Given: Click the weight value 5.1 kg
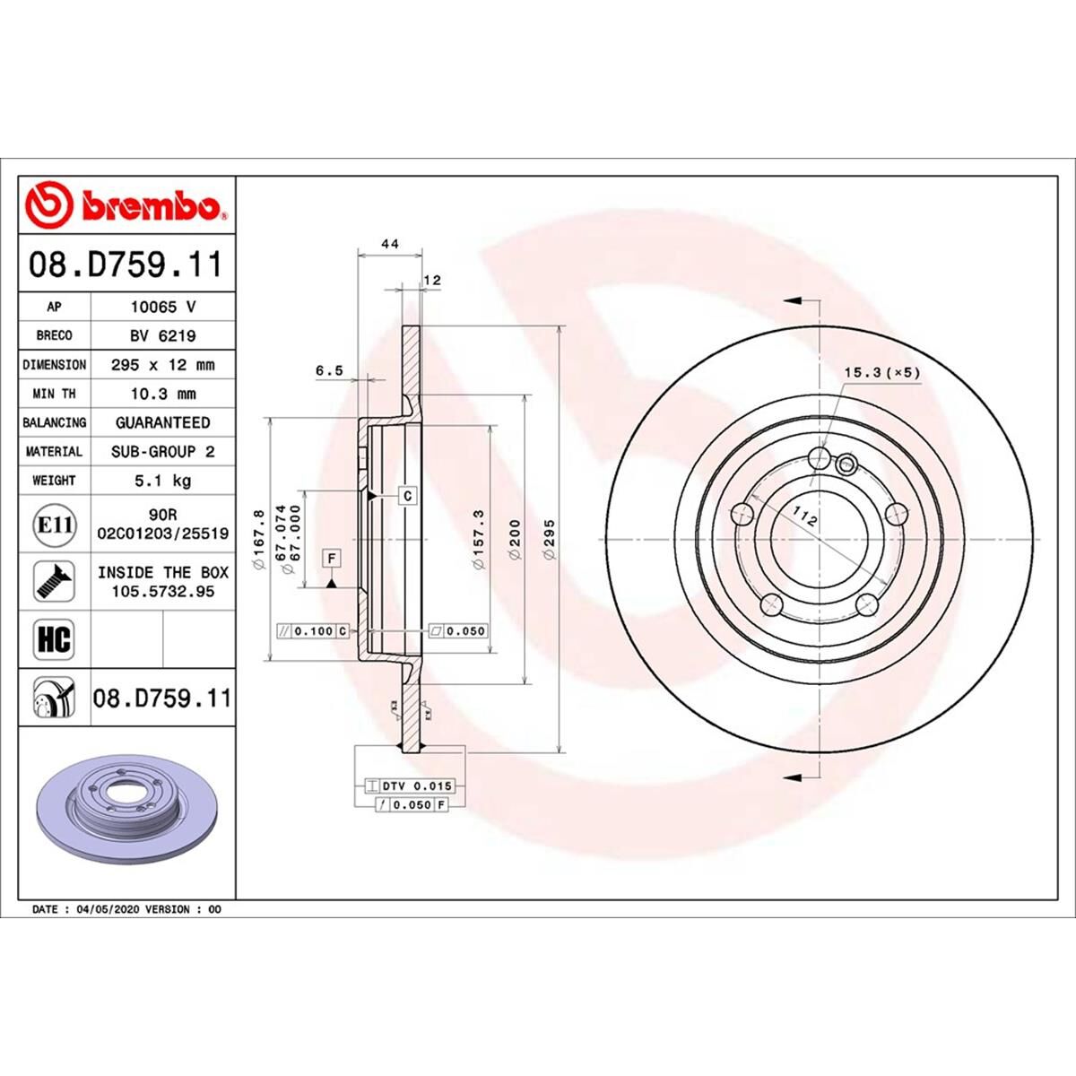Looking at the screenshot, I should [x=162, y=481].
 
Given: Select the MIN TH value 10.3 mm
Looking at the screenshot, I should [x=162, y=394].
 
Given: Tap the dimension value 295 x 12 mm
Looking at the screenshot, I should [x=162, y=365].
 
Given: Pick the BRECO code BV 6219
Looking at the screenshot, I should [x=162, y=335].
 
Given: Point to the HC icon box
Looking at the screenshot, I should [x=54, y=639].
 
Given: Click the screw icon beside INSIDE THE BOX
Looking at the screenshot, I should [x=54, y=582].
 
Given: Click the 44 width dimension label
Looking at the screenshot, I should [x=389, y=244].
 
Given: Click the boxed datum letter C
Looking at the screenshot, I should [x=407, y=495].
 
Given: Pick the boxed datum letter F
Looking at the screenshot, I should [x=332, y=559].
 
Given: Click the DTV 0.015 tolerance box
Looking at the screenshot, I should [x=417, y=786].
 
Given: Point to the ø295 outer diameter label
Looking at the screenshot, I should [x=549, y=540].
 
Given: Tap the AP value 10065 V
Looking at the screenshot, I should [x=162, y=307].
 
